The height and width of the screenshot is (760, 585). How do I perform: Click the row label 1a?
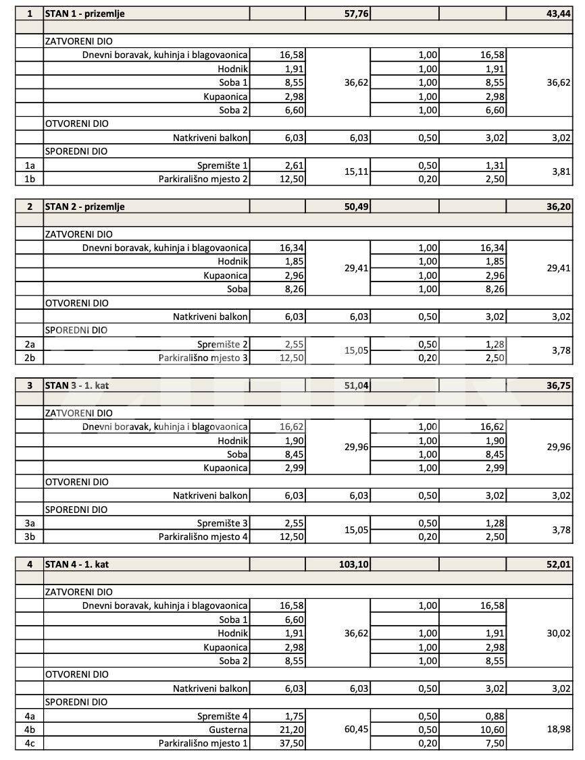[x=29, y=165]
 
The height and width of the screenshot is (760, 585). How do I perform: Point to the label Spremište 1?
[x=223, y=165]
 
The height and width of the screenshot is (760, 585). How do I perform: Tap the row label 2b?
[x=29, y=358]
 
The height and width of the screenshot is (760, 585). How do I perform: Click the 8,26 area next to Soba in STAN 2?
[x=292, y=289]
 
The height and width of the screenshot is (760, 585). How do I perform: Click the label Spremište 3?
[x=223, y=523]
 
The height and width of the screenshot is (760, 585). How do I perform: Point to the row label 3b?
[x=29, y=537]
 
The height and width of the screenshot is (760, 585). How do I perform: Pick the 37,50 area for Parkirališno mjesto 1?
[x=290, y=743]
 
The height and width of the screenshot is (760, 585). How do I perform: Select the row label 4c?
[x=29, y=743]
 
